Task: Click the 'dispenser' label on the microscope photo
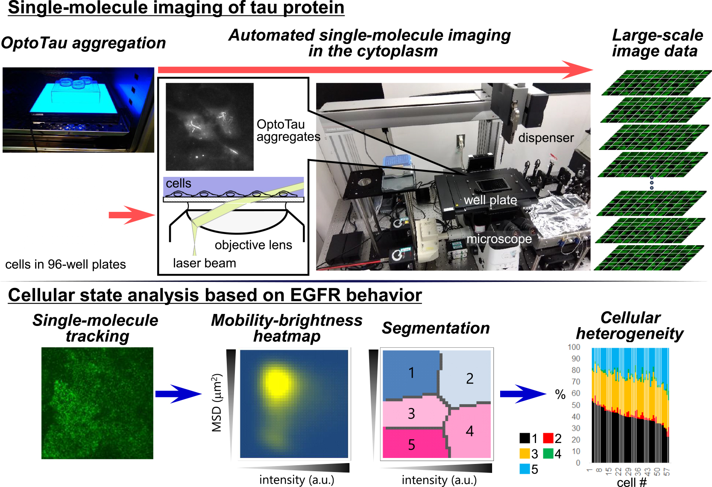pos(546,138)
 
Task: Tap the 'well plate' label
pos(490,200)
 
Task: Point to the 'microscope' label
pos(499,239)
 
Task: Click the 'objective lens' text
pos(253,245)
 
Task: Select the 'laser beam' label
pos(205,263)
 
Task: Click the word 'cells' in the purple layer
pos(178,183)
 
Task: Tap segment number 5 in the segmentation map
pos(411,444)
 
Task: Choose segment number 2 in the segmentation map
pos(470,378)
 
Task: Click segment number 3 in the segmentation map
pos(411,414)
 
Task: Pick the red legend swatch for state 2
pos(548,438)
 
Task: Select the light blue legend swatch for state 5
pos(525,469)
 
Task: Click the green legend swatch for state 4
pos(548,453)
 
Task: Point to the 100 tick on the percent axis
pos(574,347)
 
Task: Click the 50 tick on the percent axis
pos(576,405)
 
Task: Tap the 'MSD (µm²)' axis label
pos(217,403)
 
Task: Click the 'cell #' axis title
pos(632,482)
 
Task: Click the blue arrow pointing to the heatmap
pos(178,394)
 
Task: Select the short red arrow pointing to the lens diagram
pos(132,215)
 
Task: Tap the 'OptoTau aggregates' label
pos(288,130)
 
